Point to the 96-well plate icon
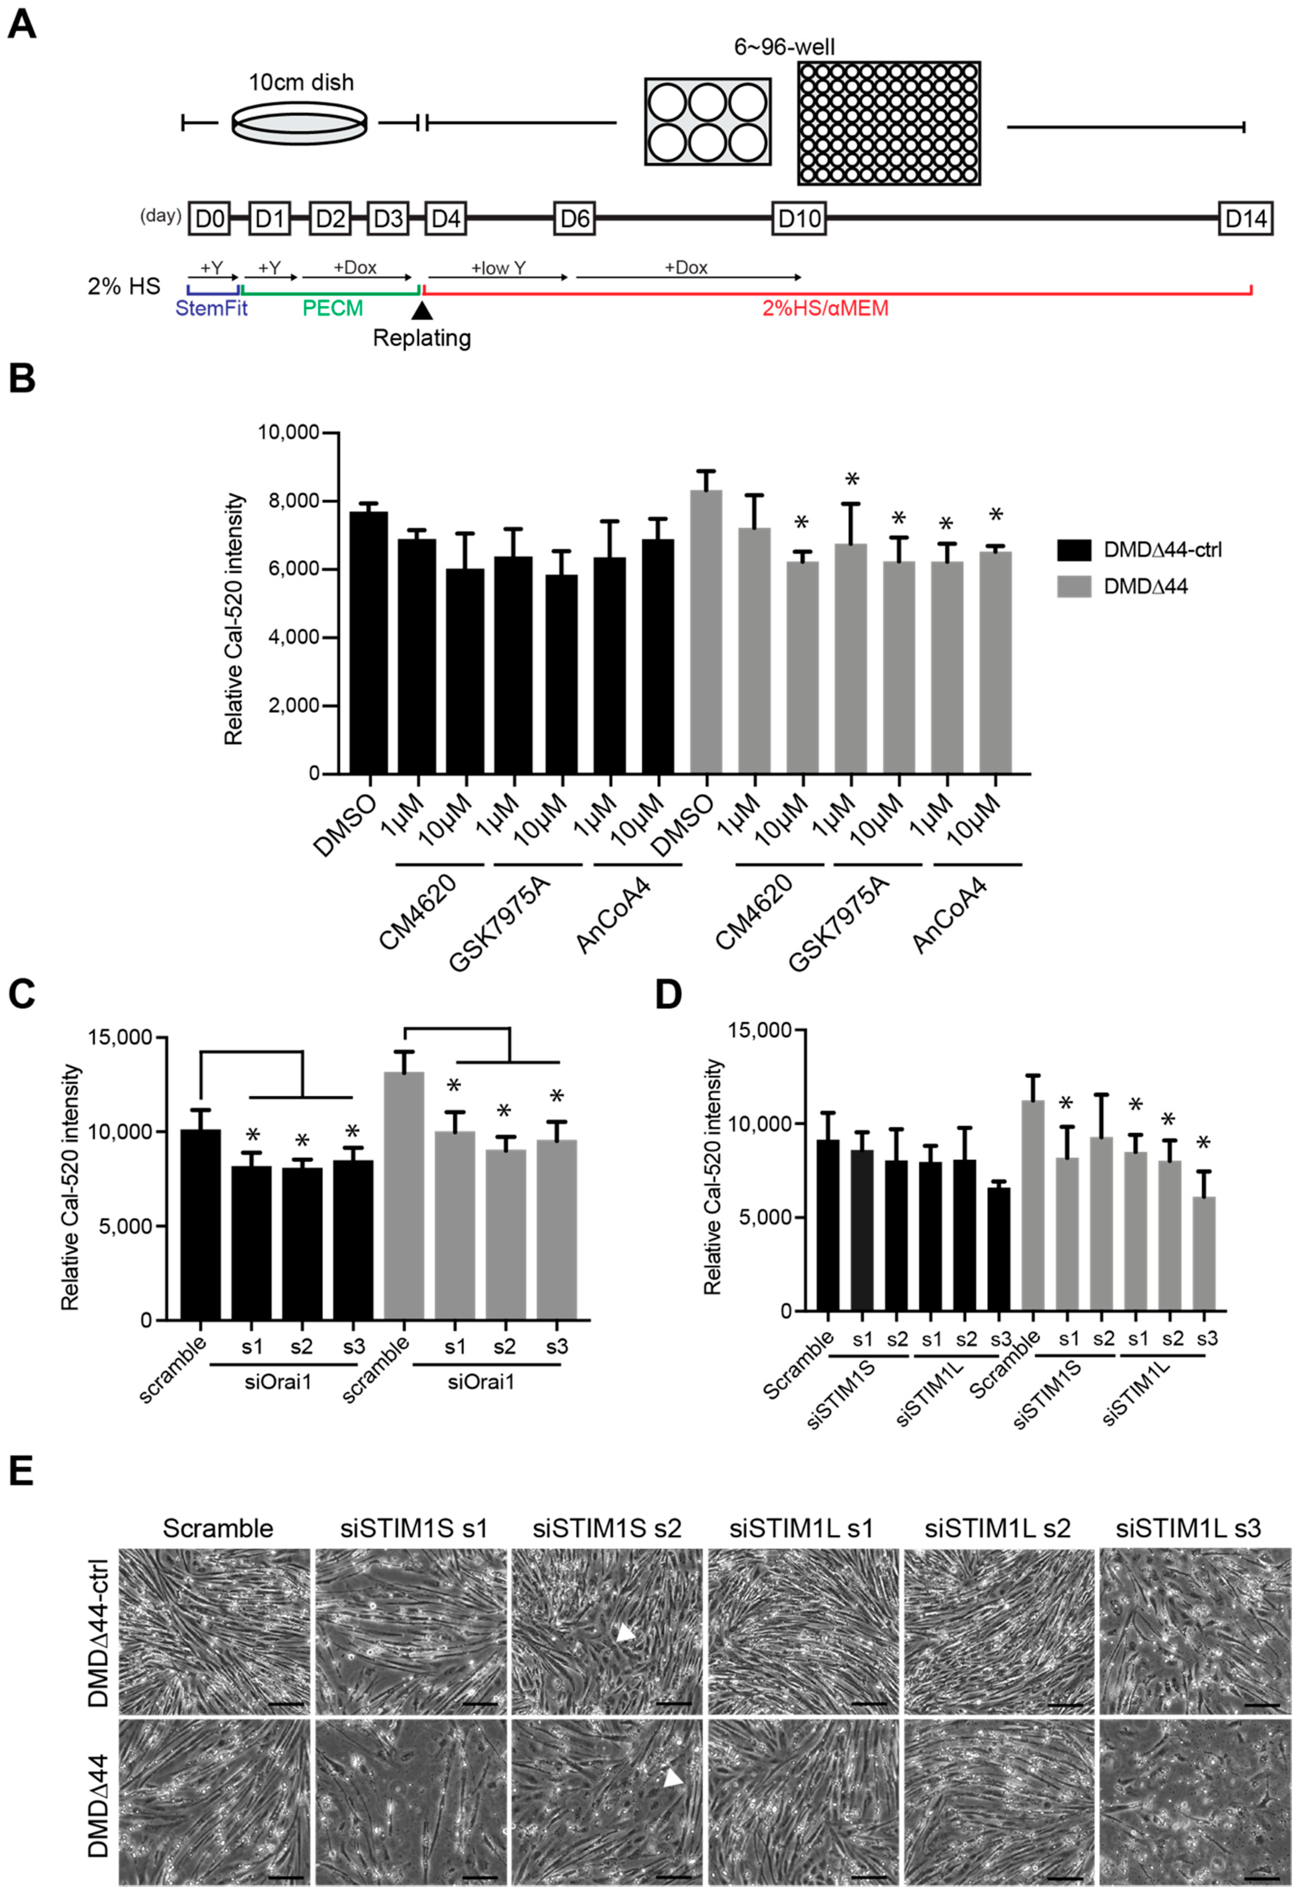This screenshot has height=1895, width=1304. pyautogui.click(x=889, y=123)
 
